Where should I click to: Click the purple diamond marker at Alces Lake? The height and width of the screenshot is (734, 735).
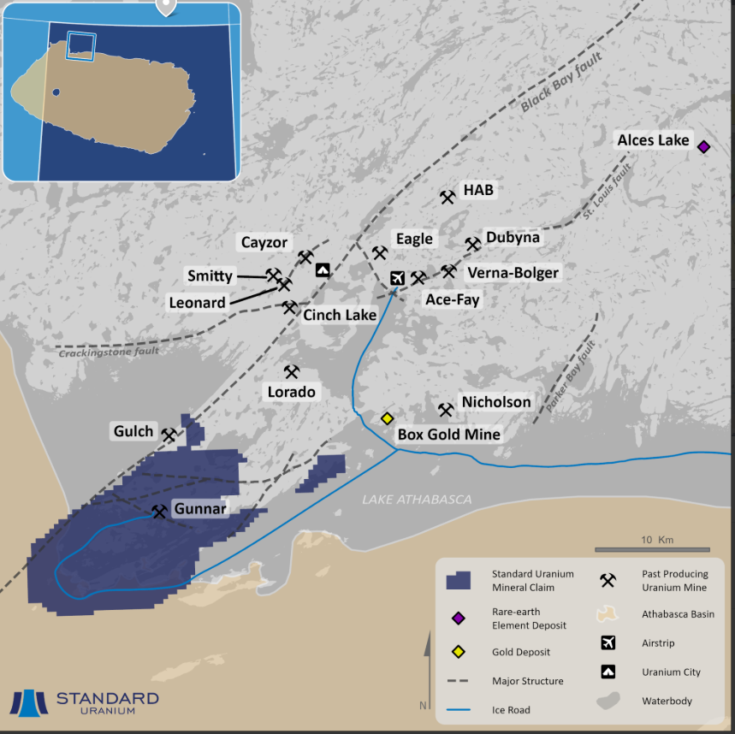coord(703,146)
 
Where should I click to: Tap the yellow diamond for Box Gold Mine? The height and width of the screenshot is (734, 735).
coord(387,418)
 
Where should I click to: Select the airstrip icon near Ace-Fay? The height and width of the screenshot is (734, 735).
coord(397,278)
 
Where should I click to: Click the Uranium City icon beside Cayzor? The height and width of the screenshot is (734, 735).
coord(322,270)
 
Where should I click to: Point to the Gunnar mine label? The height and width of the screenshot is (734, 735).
coord(199,509)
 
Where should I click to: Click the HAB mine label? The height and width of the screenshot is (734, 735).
coord(478,190)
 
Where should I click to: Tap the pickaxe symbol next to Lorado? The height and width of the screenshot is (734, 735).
coord(292,372)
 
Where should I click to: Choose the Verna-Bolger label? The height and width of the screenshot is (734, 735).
coord(513,273)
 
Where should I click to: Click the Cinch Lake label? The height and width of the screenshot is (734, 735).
coord(340,315)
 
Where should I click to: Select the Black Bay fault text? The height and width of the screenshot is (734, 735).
coord(561,82)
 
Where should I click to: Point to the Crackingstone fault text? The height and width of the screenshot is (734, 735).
coord(109,352)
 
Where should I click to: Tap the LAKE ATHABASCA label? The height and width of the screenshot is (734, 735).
coord(417,500)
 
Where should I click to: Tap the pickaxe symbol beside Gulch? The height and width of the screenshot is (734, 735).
coord(169,435)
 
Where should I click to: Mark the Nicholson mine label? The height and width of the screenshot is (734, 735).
coord(496,402)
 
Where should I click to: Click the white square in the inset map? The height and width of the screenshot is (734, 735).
coord(80,45)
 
